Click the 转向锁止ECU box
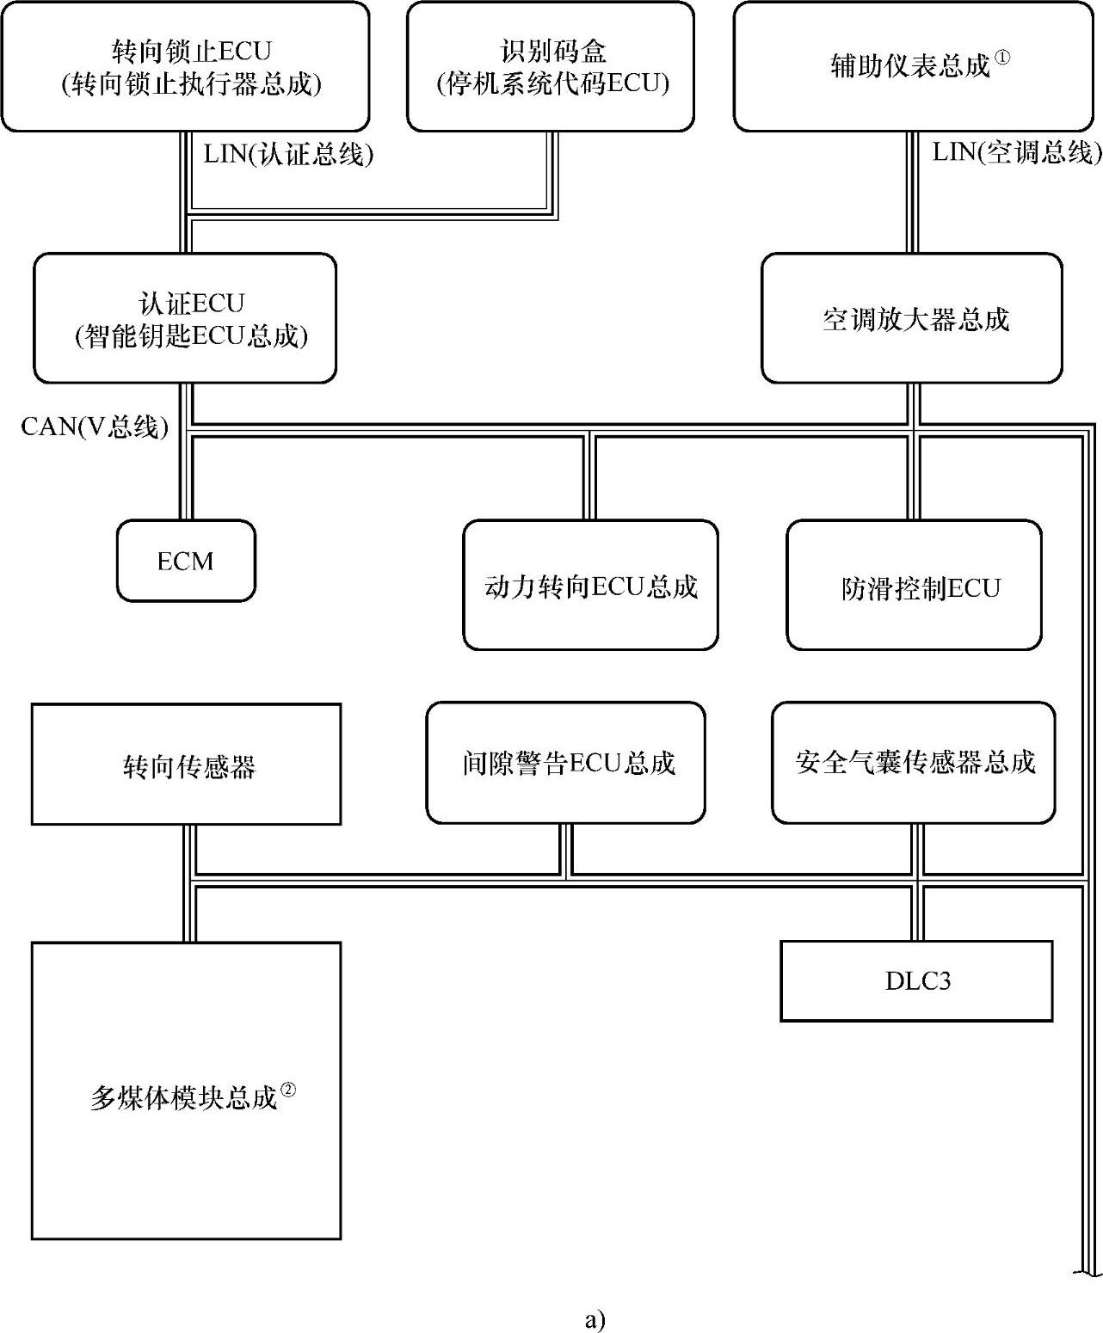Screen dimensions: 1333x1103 (185, 66)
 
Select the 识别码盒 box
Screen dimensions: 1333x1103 (551, 66)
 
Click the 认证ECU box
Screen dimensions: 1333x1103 (185, 318)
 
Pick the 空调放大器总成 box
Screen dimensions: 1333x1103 (912, 318)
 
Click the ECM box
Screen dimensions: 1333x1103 (186, 561)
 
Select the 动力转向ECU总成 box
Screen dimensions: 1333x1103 (590, 585)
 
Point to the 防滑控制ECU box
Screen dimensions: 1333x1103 (914, 585)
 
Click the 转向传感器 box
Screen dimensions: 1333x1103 (186, 764)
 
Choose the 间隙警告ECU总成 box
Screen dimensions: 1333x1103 (565, 762)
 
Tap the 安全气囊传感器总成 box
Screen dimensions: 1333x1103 (913, 762)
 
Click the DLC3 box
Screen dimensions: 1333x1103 (916, 980)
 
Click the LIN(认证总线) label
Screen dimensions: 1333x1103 (288, 155)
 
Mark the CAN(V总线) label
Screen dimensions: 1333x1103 (95, 426)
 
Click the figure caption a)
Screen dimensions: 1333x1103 (595, 1319)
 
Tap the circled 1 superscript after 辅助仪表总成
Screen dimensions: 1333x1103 (1001, 58)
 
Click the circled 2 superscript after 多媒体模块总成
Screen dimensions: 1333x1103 (288, 1089)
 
